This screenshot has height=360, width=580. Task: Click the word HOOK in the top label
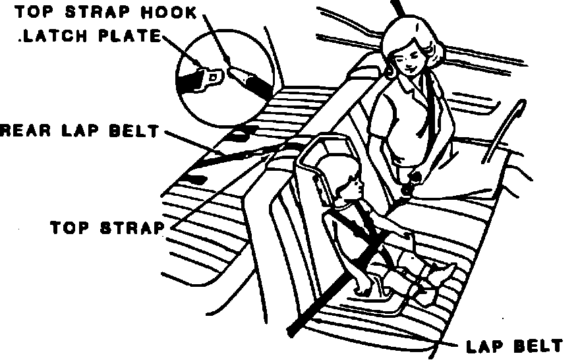point(170,12)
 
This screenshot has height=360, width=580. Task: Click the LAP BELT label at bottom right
point(513,345)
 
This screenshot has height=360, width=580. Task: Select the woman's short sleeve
point(446,125)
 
